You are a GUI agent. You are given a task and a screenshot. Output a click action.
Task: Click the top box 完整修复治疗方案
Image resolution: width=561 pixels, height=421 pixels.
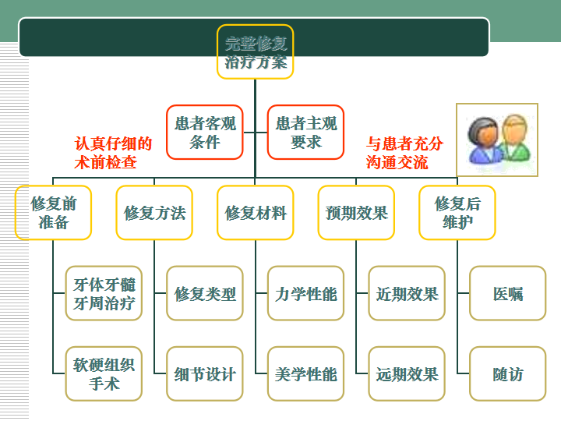point(255,52)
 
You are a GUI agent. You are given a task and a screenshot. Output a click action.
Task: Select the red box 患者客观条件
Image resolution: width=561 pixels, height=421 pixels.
point(204,133)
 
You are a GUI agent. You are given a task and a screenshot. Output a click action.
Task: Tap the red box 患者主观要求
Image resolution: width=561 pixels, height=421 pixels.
point(305,133)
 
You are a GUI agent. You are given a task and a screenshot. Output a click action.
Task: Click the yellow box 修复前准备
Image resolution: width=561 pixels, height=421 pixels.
point(53,213)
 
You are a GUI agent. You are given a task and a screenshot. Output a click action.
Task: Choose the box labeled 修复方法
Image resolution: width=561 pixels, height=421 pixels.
point(154,213)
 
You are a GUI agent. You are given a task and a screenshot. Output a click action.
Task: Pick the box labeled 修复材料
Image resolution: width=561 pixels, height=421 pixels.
point(255,213)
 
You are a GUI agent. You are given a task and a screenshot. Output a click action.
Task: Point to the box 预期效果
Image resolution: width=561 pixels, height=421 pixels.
point(356,213)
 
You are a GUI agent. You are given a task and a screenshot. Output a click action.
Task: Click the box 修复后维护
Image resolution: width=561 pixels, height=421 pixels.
point(457,213)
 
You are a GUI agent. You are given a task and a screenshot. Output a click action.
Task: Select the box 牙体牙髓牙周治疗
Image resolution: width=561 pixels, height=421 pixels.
point(104,294)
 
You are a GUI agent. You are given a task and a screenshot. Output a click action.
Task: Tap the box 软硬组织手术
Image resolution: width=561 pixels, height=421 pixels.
point(104,374)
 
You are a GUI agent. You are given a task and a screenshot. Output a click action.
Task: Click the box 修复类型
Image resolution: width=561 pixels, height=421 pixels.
point(205,294)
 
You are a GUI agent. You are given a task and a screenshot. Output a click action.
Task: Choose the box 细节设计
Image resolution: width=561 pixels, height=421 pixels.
point(205,374)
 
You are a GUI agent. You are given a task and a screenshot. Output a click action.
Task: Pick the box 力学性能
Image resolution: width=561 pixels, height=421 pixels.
point(305,294)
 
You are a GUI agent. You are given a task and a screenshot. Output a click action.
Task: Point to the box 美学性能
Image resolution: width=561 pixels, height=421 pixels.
point(305,374)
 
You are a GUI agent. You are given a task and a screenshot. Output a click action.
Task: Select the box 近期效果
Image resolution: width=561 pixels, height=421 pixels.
point(407,294)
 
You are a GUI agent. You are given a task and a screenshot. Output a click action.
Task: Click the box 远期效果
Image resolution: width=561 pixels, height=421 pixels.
point(407,374)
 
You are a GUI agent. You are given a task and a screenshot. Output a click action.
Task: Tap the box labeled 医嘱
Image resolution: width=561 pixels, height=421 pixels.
point(507,294)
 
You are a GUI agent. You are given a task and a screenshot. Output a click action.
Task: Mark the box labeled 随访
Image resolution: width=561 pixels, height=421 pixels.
point(507,374)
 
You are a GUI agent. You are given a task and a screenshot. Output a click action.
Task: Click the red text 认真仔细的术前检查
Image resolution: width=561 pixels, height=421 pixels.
point(113,153)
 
